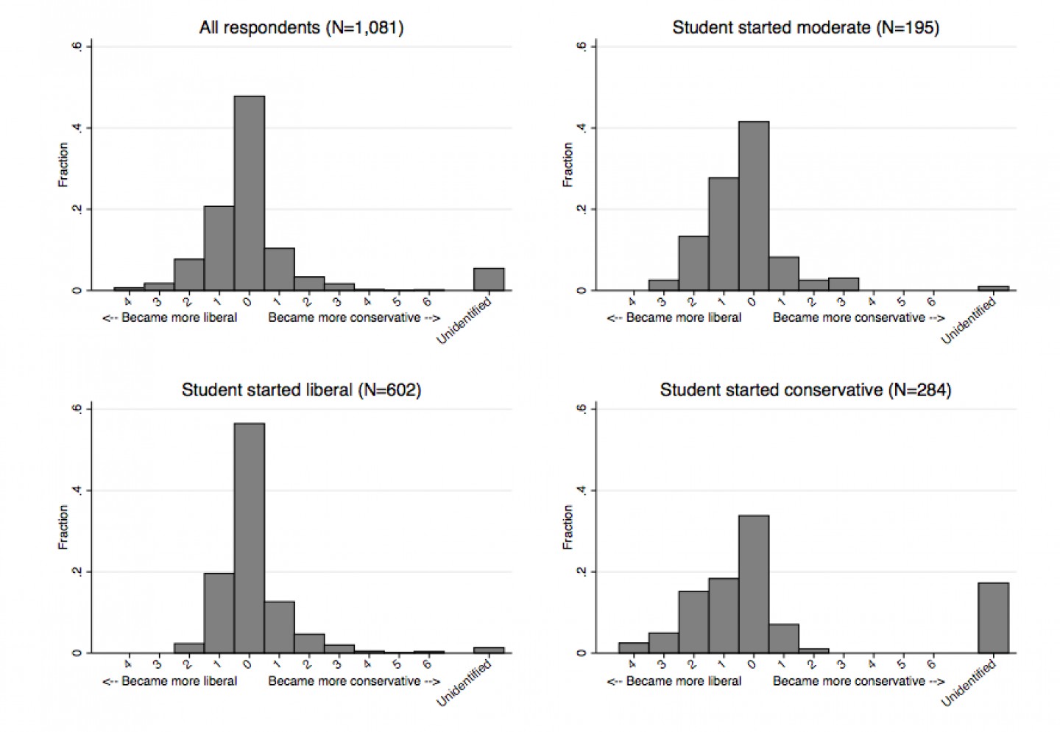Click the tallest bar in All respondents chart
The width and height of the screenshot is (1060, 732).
(250, 193)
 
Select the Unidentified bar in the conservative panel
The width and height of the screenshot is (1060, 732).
(993, 617)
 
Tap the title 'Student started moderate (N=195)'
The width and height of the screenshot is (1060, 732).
(805, 28)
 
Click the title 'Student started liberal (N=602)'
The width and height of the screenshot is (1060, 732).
(301, 390)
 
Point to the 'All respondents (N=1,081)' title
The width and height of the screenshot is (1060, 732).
(301, 28)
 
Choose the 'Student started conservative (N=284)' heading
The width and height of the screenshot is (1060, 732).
(805, 390)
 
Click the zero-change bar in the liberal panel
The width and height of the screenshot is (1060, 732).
(250, 538)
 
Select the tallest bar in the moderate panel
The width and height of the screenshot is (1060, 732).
(754, 205)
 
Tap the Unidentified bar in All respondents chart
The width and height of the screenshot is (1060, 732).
(489, 279)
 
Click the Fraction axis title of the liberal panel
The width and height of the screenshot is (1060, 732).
(63, 527)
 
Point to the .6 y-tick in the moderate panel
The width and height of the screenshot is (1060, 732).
(582, 46)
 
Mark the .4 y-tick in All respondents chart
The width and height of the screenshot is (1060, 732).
(77, 128)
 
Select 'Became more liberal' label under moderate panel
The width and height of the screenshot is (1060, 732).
(674, 317)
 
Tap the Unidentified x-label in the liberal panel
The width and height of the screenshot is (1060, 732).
(464, 683)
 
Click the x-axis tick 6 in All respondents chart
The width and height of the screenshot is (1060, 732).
(427, 302)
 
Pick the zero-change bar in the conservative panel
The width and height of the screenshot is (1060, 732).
(754, 584)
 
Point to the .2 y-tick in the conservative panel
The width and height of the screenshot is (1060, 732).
(582, 571)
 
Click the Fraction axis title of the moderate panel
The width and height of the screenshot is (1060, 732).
(568, 165)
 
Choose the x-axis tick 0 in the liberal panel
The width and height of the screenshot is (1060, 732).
(248, 664)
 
